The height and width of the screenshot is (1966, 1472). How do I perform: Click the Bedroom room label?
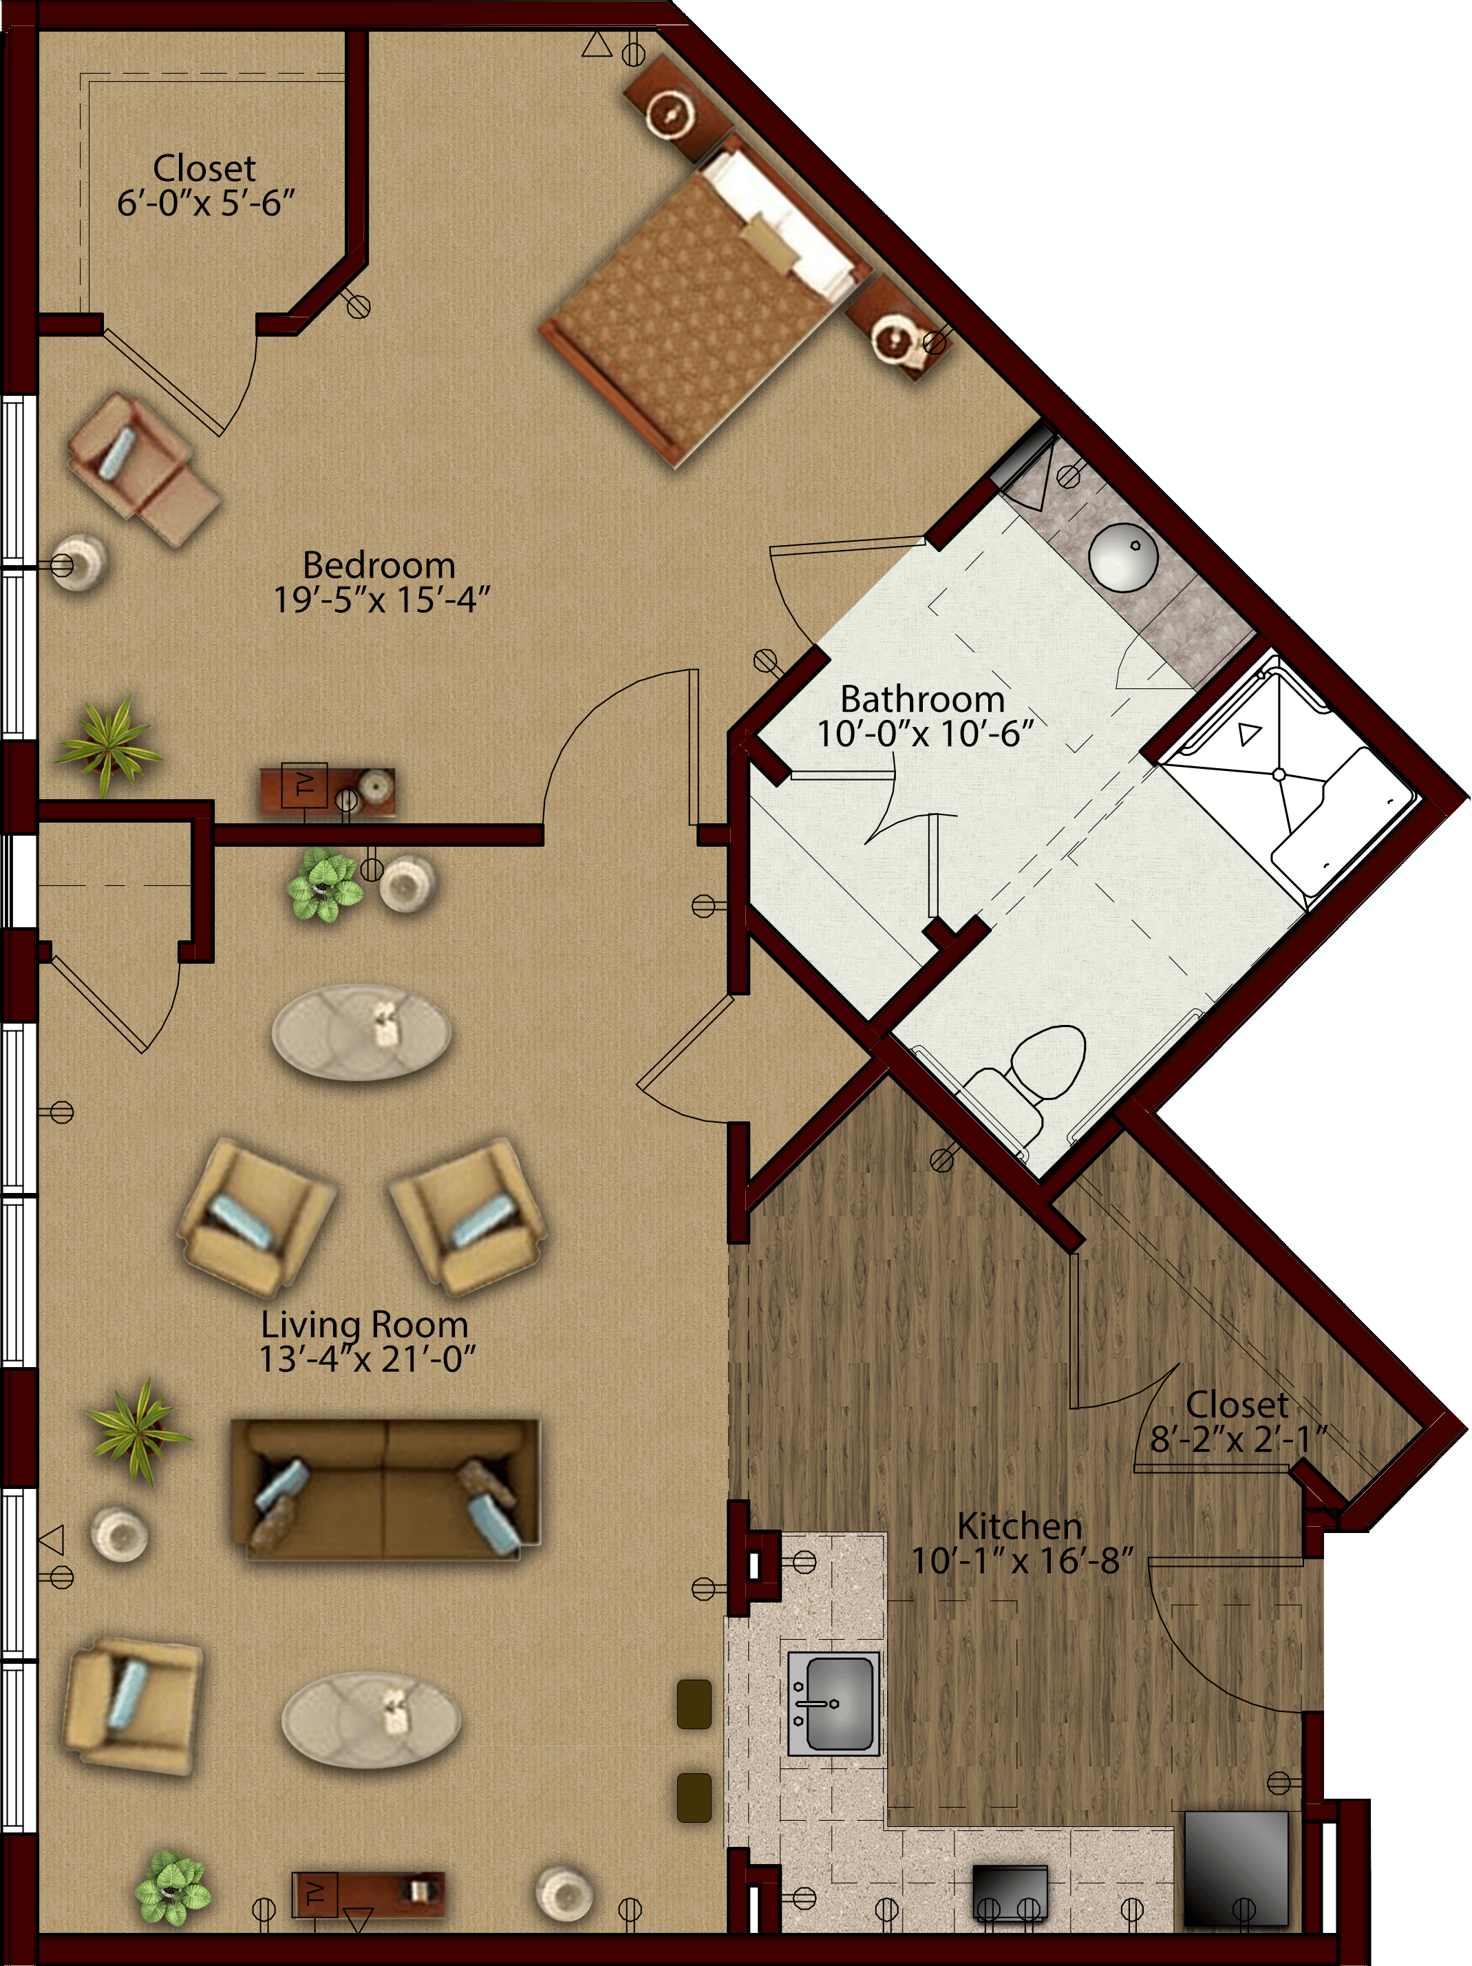pos(378,565)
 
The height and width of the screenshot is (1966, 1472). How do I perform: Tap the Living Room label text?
pos(364,1324)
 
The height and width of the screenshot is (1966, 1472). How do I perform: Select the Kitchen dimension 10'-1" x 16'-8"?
pos(1023,1561)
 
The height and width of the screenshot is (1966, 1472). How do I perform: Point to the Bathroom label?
pos(922,699)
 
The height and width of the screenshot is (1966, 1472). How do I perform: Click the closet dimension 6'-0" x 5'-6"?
pos(205,204)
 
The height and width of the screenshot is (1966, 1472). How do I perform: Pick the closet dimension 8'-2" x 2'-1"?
pos(1238,1439)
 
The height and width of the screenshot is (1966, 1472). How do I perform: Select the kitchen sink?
pos(833,1703)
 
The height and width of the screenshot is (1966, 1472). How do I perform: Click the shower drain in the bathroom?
pos(1279,775)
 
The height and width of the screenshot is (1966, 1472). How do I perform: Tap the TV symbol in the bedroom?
pos(303,785)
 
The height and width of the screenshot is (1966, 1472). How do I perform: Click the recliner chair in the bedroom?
pos(142,469)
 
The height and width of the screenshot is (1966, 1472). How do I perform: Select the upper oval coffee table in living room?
pos(361,1032)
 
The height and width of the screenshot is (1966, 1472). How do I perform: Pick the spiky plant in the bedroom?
pos(108,746)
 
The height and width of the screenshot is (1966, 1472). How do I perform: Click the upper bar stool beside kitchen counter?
pos(694,1703)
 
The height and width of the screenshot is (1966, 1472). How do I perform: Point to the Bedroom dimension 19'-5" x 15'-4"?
pos(381,601)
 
